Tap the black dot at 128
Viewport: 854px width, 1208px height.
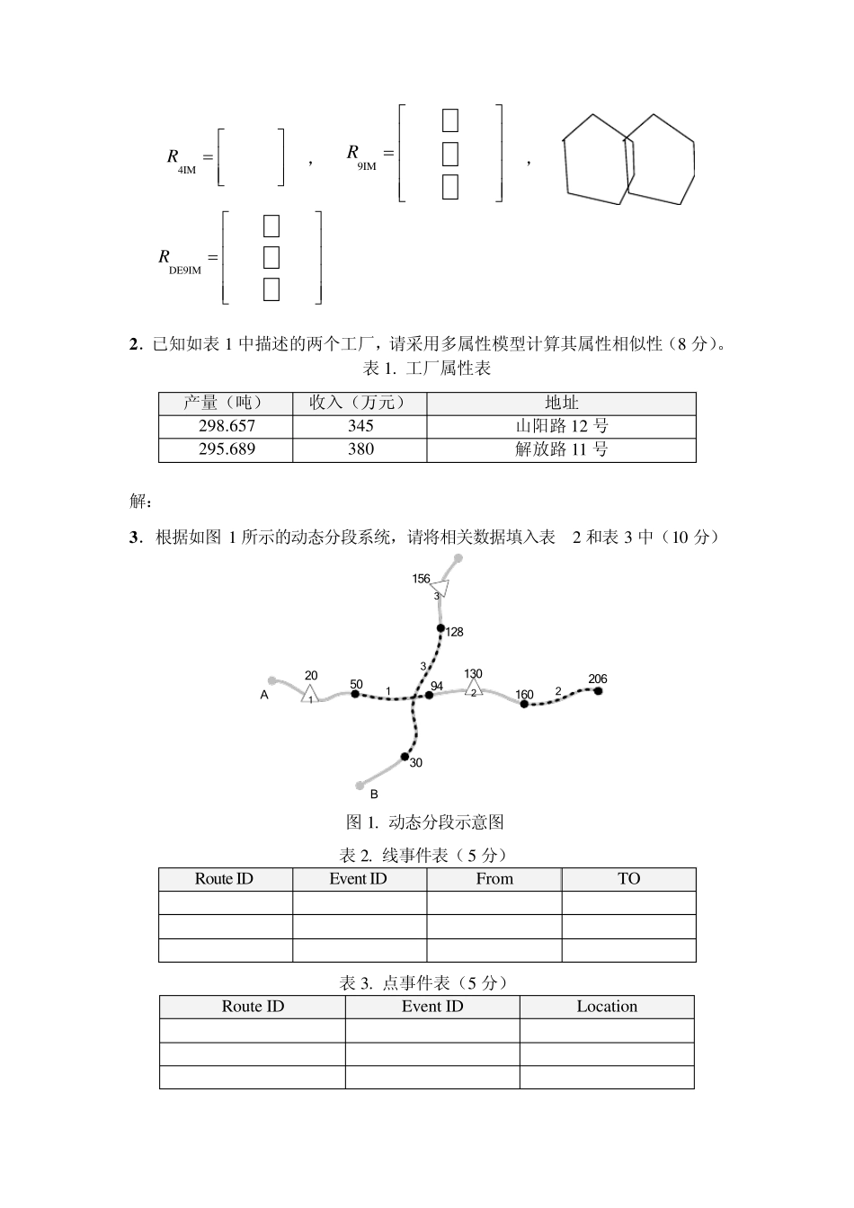click(x=440, y=628)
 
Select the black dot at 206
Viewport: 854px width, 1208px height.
click(x=598, y=691)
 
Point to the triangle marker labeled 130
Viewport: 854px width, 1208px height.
click(x=474, y=688)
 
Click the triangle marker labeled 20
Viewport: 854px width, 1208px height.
click(x=310, y=694)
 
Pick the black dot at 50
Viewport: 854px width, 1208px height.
click(x=354, y=694)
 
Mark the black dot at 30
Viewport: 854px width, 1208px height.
click(x=405, y=756)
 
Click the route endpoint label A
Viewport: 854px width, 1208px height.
click(x=264, y=695)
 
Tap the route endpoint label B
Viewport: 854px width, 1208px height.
click(x=374, y=795)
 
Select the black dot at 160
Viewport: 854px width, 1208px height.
click(x=524, y=704)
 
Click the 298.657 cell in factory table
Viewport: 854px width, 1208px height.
click(x=226, y=426)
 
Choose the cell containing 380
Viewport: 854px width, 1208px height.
click(x=360, y=449)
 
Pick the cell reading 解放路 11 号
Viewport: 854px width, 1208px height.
click(x=561, y=449)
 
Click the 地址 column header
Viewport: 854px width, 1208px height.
click(x=561, y=403)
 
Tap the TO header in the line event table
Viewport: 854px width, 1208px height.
click(x=628, y=879)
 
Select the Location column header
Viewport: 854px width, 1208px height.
click(x=607, y=1007)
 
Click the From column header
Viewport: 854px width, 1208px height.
click(x=494, y=879)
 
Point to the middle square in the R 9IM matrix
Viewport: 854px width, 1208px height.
click(x=450, y=154)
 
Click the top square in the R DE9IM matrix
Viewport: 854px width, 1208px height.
click(x=271, y=226)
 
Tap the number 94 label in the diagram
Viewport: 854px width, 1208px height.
click(x=437, y=686)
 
